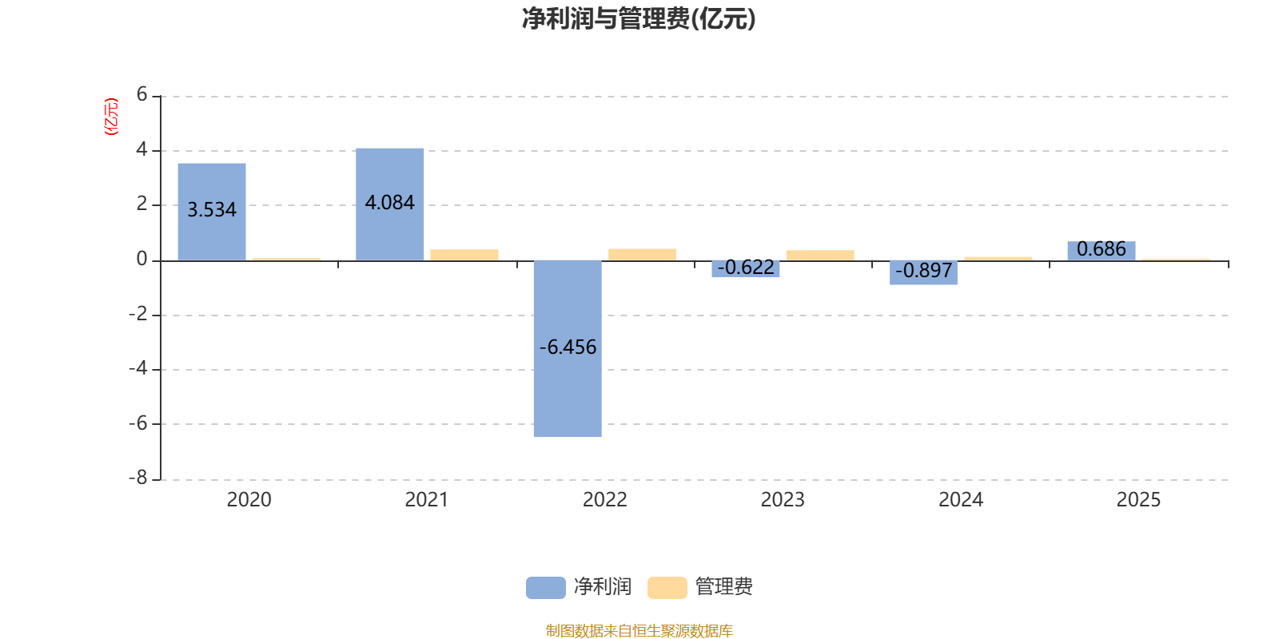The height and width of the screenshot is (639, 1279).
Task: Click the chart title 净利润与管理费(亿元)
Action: coord(639,19)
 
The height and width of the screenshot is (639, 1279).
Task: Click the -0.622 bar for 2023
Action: coord(746,269)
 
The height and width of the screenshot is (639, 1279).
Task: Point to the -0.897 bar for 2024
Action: coord(923,272)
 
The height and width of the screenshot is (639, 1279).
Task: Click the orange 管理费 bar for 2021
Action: coord(464,255)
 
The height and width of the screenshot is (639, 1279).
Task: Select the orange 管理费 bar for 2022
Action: coord(642,254)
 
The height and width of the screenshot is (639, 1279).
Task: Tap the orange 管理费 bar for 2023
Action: coord(820,255)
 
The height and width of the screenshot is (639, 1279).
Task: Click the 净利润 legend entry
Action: coord(580,587)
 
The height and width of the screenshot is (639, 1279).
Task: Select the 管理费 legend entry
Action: coord(701,587)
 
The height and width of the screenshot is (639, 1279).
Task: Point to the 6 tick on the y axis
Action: coord(142,95)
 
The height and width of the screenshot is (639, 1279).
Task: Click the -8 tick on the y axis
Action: coord(139,478)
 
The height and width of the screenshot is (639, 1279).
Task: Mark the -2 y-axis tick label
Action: coord(139,314)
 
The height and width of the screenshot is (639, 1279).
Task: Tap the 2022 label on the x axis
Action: coord(604,500)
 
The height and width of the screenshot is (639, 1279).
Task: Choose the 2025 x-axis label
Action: coord(1138,500)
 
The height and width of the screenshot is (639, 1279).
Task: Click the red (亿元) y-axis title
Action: coord(111,117)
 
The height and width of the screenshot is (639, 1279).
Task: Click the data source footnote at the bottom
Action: coord(639,631)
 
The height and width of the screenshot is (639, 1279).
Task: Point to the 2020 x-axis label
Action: coord(249,500)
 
